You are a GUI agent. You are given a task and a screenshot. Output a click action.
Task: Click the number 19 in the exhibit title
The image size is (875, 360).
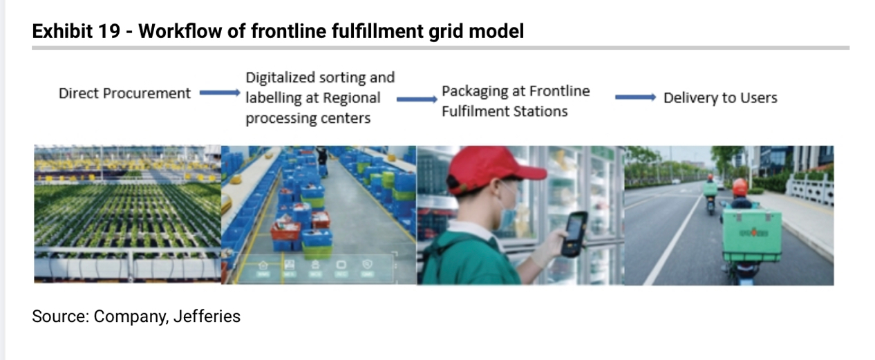click(x=109, y=31)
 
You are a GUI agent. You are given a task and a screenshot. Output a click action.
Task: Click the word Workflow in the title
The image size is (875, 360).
click(x=180, y=31)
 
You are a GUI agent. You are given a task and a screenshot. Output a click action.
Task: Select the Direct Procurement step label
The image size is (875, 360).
click(x=124, y=93)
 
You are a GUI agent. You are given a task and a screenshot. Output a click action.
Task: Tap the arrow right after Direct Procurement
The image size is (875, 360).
click(x=220, y=93)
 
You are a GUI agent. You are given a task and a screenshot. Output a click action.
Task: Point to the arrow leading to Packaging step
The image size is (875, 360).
click(x=417, y=100)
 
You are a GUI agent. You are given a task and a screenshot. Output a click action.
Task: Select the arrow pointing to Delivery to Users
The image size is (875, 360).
click(x=636, y=97)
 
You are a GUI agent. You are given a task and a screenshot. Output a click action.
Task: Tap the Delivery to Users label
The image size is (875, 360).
click(x=720, y=97)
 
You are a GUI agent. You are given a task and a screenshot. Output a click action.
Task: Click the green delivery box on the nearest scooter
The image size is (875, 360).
click(x=751, y=235)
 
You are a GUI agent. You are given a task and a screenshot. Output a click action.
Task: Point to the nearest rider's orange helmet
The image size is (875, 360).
click(x=740, y=187)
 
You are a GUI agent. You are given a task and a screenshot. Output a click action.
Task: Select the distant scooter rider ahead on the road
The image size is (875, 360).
click(x=710, y=193)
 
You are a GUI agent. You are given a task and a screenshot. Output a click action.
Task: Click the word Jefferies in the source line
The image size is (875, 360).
click(x=207, y=316)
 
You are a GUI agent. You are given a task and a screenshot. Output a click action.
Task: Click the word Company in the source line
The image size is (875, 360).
click(x=131, y=317)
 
